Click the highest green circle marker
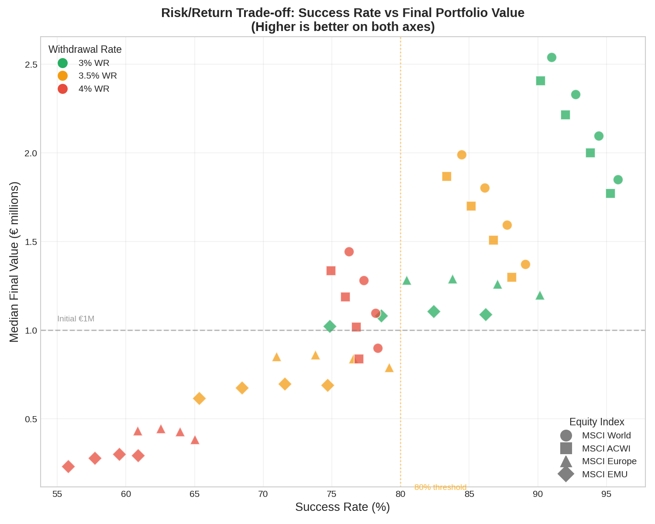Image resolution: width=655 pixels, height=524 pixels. point(552,57)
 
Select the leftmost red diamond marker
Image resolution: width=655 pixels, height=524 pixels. point(68,466)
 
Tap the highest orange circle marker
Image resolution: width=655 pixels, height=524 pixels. point(462,155)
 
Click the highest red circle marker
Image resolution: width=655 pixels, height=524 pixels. point(349,252)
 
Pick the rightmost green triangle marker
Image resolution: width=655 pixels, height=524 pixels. point(540,296)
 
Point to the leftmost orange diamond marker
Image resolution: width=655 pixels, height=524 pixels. point(199,398)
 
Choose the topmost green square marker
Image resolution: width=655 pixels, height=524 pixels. point(541,81)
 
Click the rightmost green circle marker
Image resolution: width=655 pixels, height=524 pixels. point(618,179)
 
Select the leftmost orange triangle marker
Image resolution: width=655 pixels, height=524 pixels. point(276,357)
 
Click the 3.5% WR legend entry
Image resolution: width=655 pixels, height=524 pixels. point(97,76)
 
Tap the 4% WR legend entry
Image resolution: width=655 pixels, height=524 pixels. point(94,89)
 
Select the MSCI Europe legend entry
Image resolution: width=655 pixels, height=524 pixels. point(609,461)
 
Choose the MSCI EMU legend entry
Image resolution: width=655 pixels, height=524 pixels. point(604,474)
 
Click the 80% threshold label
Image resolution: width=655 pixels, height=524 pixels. point(440,487)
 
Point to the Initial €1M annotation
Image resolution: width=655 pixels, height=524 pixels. point(76,319)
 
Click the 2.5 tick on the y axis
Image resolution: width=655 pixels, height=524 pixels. point(31,65)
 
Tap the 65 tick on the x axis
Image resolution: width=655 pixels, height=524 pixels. point(194,494)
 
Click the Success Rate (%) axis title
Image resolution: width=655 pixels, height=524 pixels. point(342,507)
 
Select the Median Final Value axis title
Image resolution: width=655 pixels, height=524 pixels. point(14,262)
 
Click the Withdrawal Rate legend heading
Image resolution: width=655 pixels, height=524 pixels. point(85,49)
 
